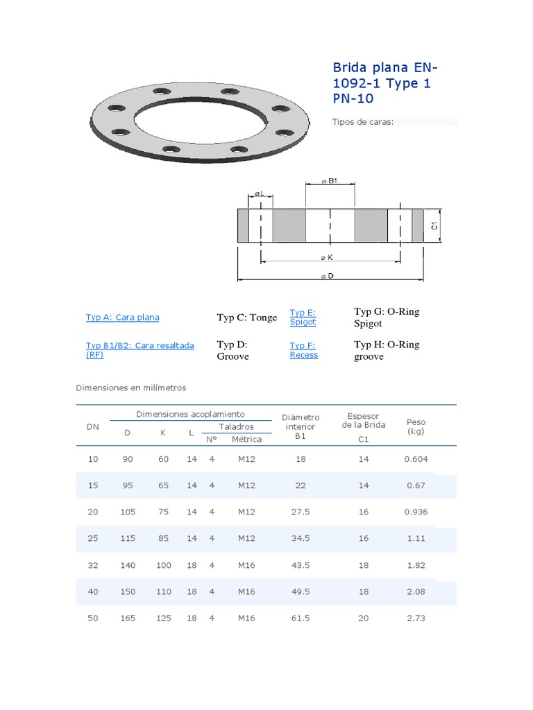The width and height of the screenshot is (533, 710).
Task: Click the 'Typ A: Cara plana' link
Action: tap(122, 318)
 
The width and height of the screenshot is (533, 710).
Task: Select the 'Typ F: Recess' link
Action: tap(303, 350)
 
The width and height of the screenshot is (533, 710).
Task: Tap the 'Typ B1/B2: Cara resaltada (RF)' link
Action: tap(139, 349)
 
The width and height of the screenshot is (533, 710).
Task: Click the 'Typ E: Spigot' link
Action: tap(303, 317)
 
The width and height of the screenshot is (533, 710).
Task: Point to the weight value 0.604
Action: tap(416, 459)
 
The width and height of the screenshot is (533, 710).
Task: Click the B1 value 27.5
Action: tap(301, 512)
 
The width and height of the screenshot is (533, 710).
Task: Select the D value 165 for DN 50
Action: tap(128, 618)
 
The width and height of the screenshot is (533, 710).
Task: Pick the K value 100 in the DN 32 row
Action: tap(163, 565)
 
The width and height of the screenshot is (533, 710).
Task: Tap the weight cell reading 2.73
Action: tap(416, 618)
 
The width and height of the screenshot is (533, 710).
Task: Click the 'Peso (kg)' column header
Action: tap(416, 426)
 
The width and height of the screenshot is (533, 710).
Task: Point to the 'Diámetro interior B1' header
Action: tap(301, 426)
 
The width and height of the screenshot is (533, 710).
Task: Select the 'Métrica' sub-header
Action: tap(246, 439)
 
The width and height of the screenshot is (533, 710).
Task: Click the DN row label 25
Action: tap(93, 538)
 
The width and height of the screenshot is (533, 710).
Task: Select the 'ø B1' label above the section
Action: tap(329, 181)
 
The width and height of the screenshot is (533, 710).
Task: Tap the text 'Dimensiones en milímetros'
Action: tap(131, 388)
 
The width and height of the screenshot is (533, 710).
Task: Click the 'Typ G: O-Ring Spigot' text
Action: tap(387, 318)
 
